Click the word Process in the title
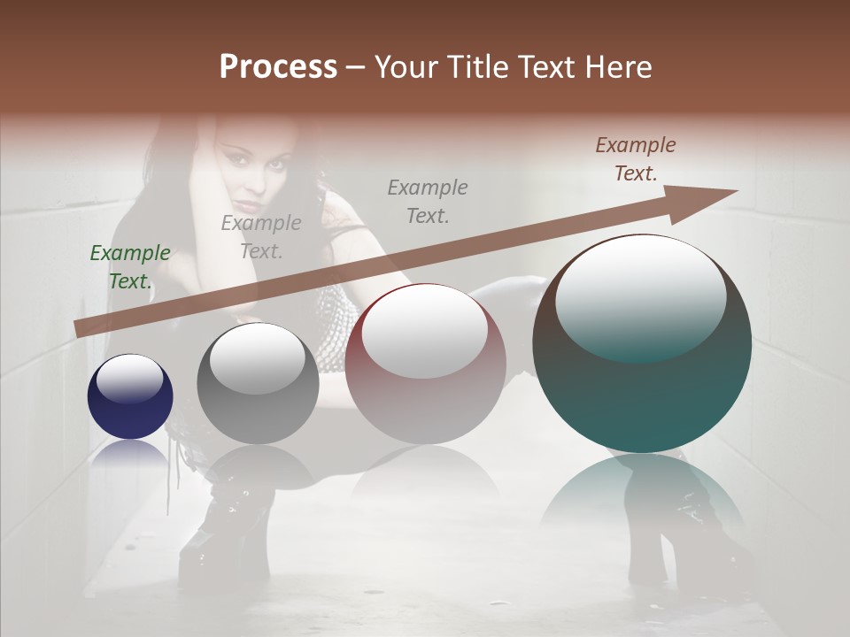click(278, 67)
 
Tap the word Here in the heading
click(617, 67)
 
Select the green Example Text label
click(130, 266)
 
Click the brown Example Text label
click(636, 158)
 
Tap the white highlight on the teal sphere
click(641, 296)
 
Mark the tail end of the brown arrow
click(80, 328)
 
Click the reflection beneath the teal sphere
click(642, 495)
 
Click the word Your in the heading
click(404, 67)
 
